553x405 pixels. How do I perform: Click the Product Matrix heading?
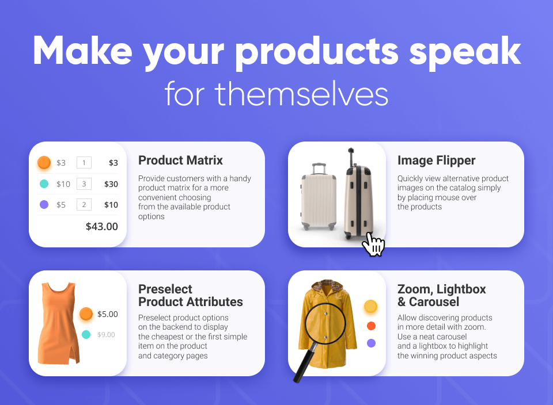[x=180, y=161]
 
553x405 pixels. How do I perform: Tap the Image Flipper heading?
[x=436, y=161]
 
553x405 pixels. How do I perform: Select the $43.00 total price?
[x=102, y=227]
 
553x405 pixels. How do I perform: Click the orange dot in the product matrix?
[x=44, y=163]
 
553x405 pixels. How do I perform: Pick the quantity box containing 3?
[x=84, y=184]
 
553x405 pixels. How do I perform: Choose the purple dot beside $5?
[x=44, y=205]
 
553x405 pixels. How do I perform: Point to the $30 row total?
[x=111, y=184]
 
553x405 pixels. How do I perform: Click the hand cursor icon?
[x=373, y=244]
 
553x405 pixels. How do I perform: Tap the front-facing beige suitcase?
[x=319, y=197]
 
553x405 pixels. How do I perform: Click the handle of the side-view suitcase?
[x=351, y=157]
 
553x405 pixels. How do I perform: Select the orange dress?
[x=59, y=323]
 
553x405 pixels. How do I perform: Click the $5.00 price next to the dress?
[x=108, y=314]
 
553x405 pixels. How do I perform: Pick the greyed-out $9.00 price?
[x=106, y=335]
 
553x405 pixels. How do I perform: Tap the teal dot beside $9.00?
[x=86, y=335]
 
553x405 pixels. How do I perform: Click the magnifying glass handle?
[x=304, y=364]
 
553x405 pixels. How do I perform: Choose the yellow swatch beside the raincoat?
[x=370, y=306]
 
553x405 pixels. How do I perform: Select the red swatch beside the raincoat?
[x=371, y=326]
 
